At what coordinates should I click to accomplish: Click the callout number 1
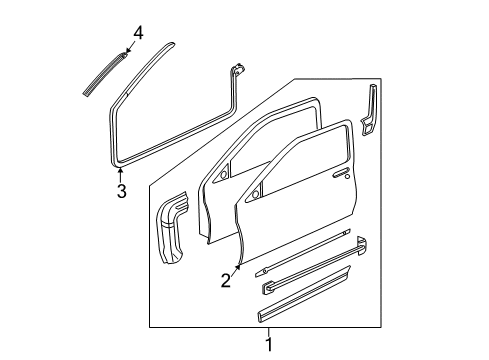pyautogui.click(x=268, y=345)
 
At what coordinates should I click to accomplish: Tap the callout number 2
pyautogui.click(x=226, y=281)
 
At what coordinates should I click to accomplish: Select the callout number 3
pyautogui.click(x=120, y=191)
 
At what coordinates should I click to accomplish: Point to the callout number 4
pyautogui.click(x=138, y=32)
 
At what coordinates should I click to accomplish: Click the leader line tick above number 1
pyautogui.click(x=268, y=332)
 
